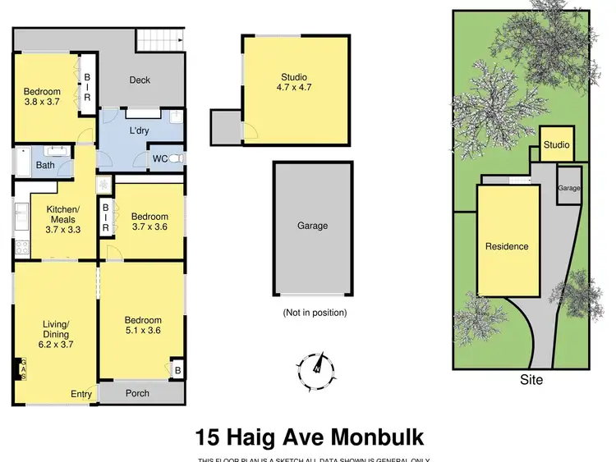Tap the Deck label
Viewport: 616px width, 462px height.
click(x=140, y=80)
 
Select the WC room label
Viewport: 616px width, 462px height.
click(x=160, y=159)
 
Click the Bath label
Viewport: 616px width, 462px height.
click(x=44, y=166)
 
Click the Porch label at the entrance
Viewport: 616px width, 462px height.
click(x=138, y=393)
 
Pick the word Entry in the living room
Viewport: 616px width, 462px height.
click(x=81, y=395)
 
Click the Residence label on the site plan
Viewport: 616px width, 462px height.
click(x=507, y=246)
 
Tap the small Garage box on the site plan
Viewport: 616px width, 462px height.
click(x=569, y=187)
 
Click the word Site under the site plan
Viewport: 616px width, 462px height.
click(x=531, y=380)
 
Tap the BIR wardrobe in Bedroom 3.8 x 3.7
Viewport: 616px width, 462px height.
click(x=88, y=86)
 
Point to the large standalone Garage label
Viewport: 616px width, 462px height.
click(x=312, y=226)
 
